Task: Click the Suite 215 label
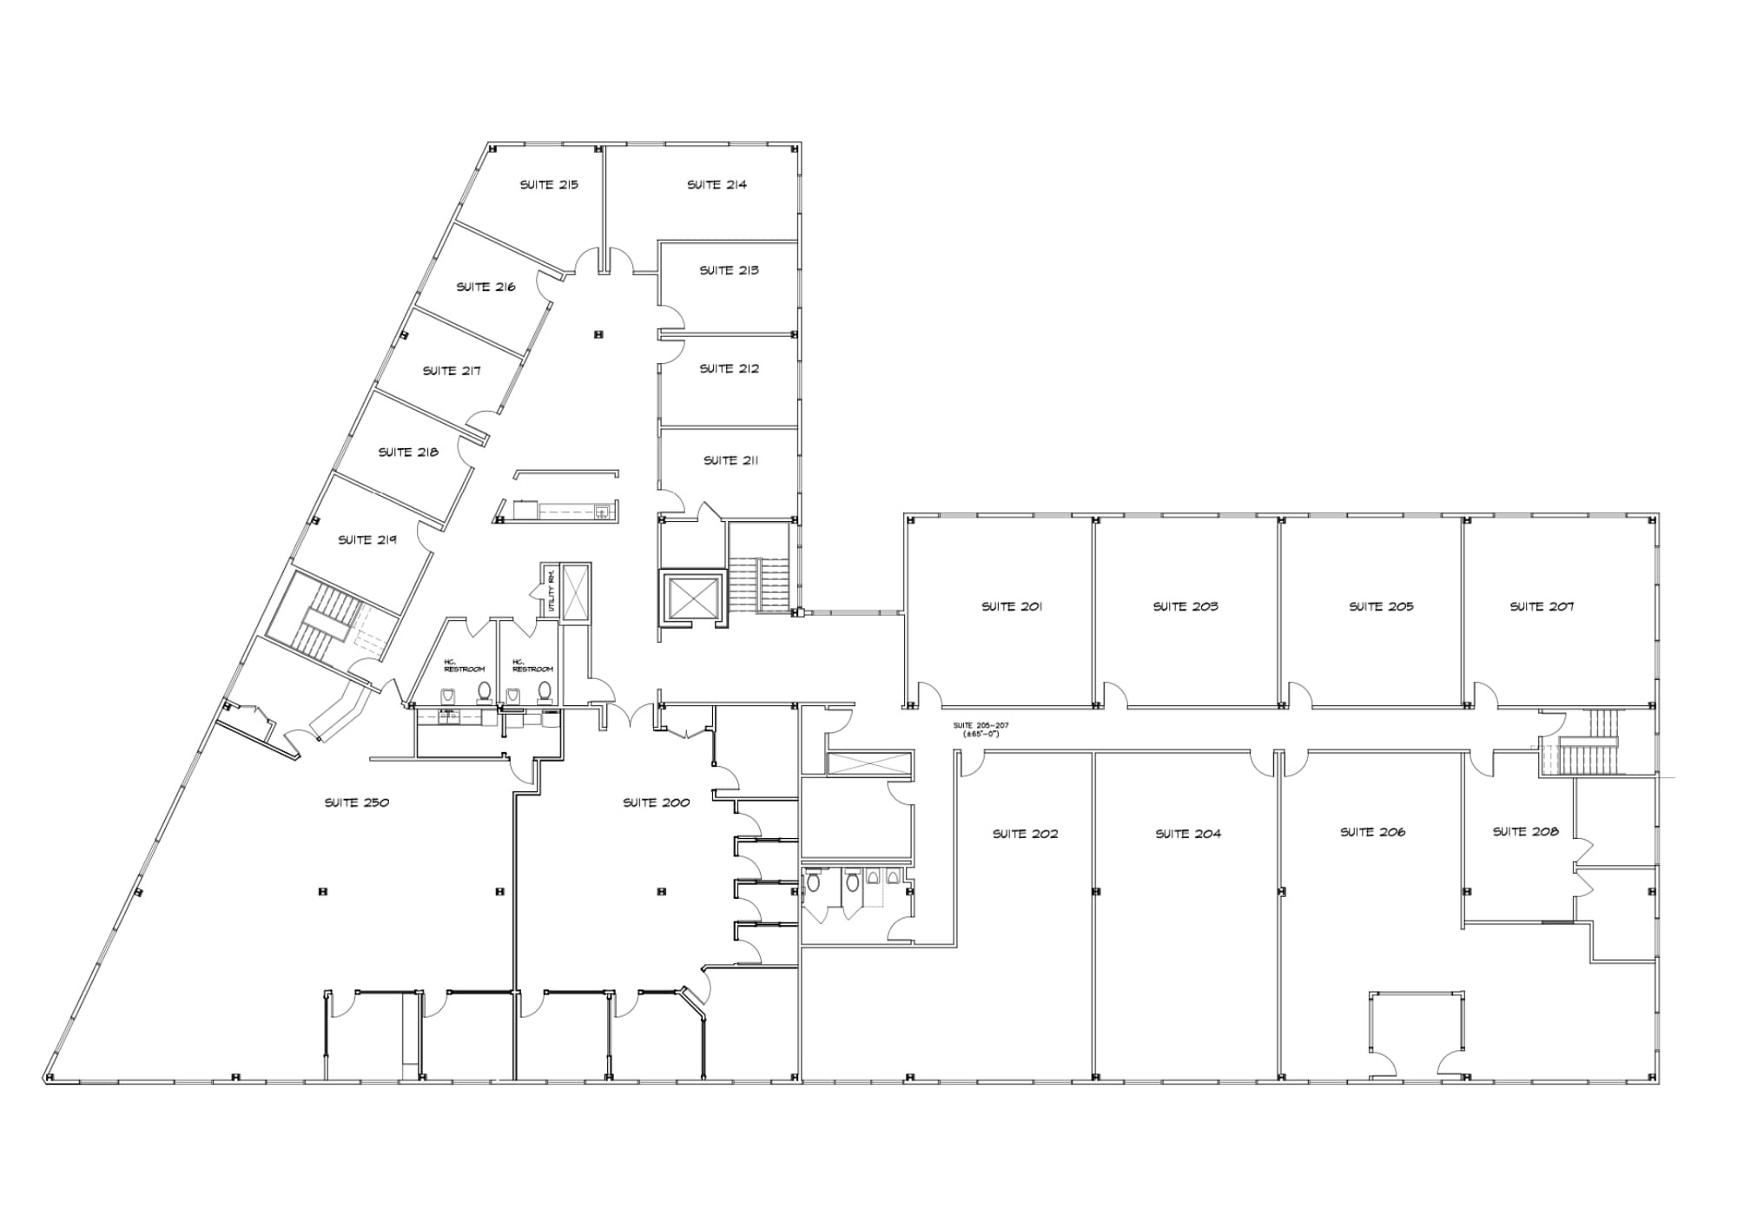[x=549, y=185]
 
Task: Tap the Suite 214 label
[x=717, y=185]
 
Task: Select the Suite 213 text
[x=729, y=271]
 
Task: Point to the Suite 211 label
[x=730, y=460]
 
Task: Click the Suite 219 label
[x=367, y=540]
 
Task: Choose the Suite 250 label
[x=357, y=802]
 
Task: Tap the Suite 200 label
[x=656, y=802]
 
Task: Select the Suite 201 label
[x=1012, y=607]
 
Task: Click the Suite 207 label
[x=1542, y=607]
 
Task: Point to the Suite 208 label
[x=1525, y=832]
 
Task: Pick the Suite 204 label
[x=1187, y=835]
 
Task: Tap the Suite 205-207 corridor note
[x=981, y=730]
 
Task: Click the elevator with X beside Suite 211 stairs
[x=692, y=597]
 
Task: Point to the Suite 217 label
[x=452, y=371]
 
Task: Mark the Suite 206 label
[x=1372, y=833]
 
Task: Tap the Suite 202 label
[x=1025, y=835]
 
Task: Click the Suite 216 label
[x=485, y=287]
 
